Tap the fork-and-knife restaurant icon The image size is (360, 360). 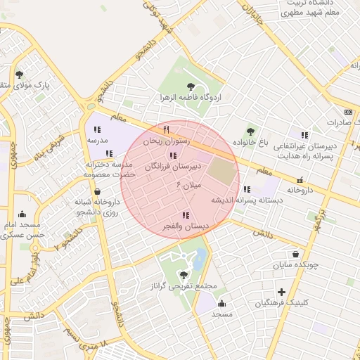point(167,129)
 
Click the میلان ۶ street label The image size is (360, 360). point(188,185)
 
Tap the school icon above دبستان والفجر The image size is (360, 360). point(185,215)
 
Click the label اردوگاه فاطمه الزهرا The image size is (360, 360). point(190,96)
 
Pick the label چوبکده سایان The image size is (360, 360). point(296,265)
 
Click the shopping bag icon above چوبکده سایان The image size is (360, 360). point(296,254)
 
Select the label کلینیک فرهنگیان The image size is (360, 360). point(281,303)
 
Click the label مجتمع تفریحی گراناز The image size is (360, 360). point(183,288)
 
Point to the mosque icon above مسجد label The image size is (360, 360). point(222,303)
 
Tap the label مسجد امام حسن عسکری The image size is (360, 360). point(22,230)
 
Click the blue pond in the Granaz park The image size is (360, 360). point(199,259)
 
